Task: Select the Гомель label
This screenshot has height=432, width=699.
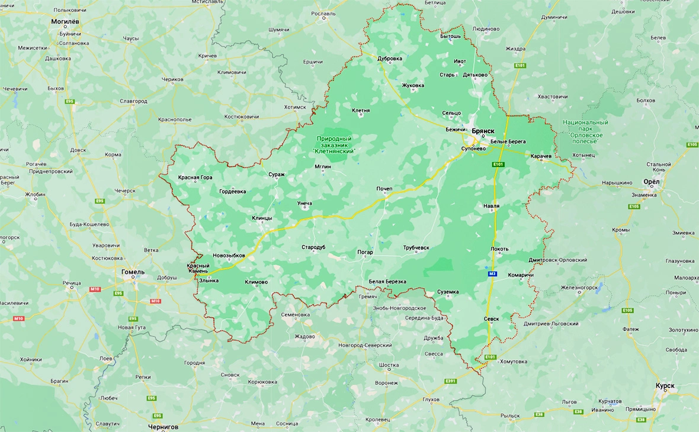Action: pyautogui.click(x=132, y=272)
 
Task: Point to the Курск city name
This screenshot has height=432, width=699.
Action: pyautogui.click(x=665, y=386)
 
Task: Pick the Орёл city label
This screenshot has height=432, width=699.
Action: pyautogui.click(x=651, y=182)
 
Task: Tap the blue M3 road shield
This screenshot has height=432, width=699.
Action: pyautogui.click(x=492, y=274)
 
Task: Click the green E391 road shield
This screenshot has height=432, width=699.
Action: pyautogui.click(x=451, y=381)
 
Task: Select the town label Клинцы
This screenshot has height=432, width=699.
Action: pyautogui.click(x=262, y=218)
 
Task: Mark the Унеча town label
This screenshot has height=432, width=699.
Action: pyautogui.click(x=304, y=204)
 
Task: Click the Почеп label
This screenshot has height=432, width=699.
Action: pyautogui.click(x=384, y=189)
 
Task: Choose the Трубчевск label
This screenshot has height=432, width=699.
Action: pyautogui.click(x=416, y=247)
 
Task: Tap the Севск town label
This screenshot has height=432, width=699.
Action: pyautogui.click(x=491, y=318)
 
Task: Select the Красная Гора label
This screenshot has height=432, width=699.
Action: pyautogui.click(x=195, y=178)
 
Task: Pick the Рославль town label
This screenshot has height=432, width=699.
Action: pyautogui.click(x=323, y=14)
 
